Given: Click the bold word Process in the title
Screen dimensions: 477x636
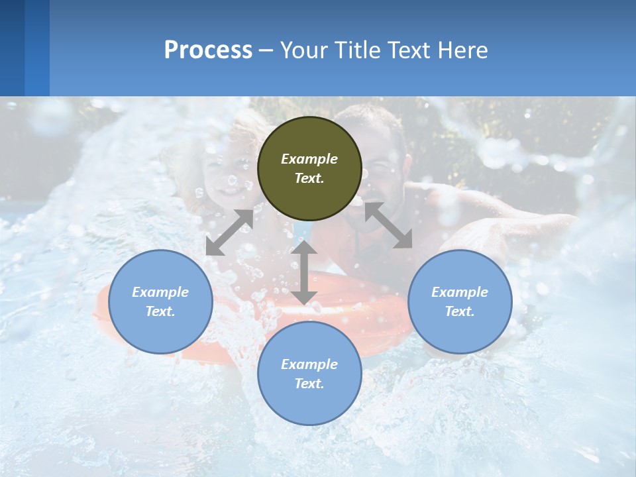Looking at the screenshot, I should tap(208, 50).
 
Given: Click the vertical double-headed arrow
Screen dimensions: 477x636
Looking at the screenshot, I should tap(304, 272).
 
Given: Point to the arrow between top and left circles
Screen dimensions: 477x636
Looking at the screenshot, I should tap(229, 233).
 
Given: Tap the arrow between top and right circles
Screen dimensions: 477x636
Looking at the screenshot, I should tap(388, 225).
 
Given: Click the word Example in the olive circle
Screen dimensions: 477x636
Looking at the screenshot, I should tap(309, 159).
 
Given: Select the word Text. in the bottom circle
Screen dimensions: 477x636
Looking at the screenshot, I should tap(309, 384).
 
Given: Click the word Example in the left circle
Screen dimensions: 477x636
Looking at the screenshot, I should tap(160, 292).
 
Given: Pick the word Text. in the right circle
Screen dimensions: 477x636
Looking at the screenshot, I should tap(460, 311).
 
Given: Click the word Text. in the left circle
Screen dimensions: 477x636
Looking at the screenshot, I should tap(160, 311).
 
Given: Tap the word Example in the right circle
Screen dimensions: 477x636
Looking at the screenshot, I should tap(460, 292).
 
